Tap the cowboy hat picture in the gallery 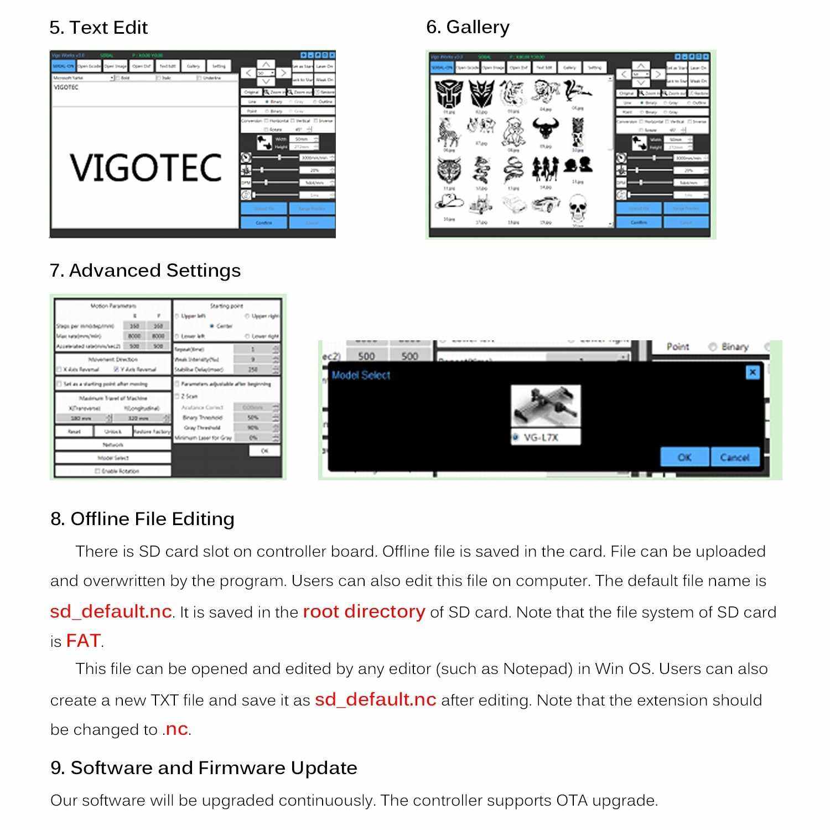click(448, 203)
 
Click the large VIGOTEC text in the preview click(146, 168)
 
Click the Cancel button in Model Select click(734, 457)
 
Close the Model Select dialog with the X click(753, 372)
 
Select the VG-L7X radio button click(516, 437)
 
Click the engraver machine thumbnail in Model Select click(545, 406)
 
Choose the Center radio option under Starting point click(212, 326)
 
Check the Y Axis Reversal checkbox click(116, 369)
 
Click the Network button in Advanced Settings click(113, 444)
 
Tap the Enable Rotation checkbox click(97, 471)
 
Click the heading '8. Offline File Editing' click(142, 519)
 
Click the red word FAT click(83, 641)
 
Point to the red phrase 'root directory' click(364, 611)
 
